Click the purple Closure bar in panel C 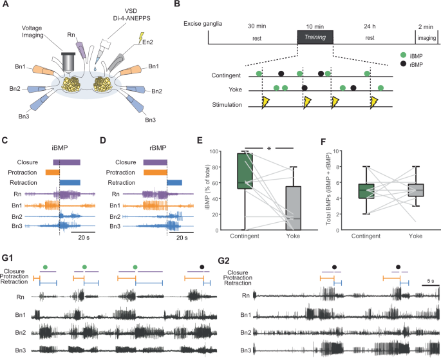[x=68, y=162]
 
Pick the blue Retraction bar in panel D [x=174, y=183]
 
